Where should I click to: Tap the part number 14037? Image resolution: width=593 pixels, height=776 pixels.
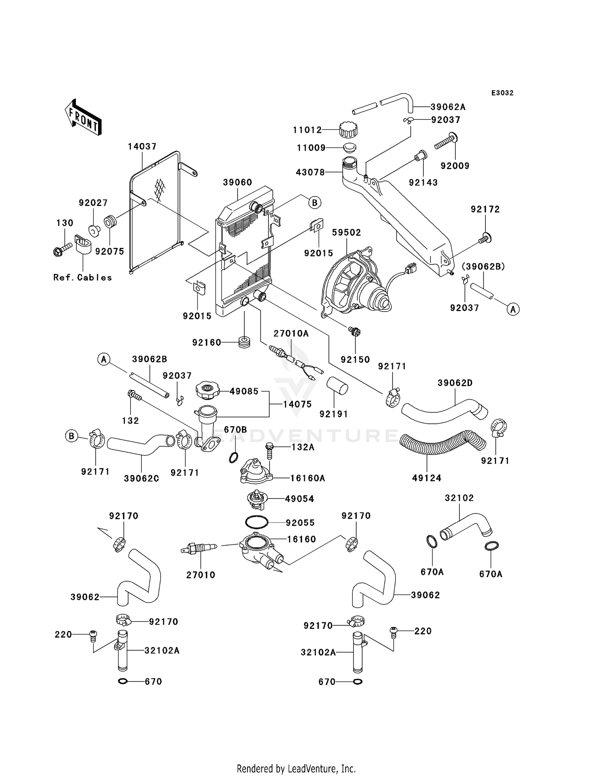point(142,146)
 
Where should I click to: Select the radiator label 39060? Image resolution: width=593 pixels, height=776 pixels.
point(237,182)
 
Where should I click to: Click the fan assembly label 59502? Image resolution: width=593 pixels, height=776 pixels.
point(346,232)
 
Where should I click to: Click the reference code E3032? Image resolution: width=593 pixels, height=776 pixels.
point(502,93)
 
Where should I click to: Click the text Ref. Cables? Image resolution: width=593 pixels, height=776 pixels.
point(83,278)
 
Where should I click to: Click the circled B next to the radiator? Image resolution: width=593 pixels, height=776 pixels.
point(315,203)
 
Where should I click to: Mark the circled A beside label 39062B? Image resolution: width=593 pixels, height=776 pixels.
point(104,359)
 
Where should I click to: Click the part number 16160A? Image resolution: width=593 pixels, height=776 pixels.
point(308,478)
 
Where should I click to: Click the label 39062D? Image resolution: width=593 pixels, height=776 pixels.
point(455,383)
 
